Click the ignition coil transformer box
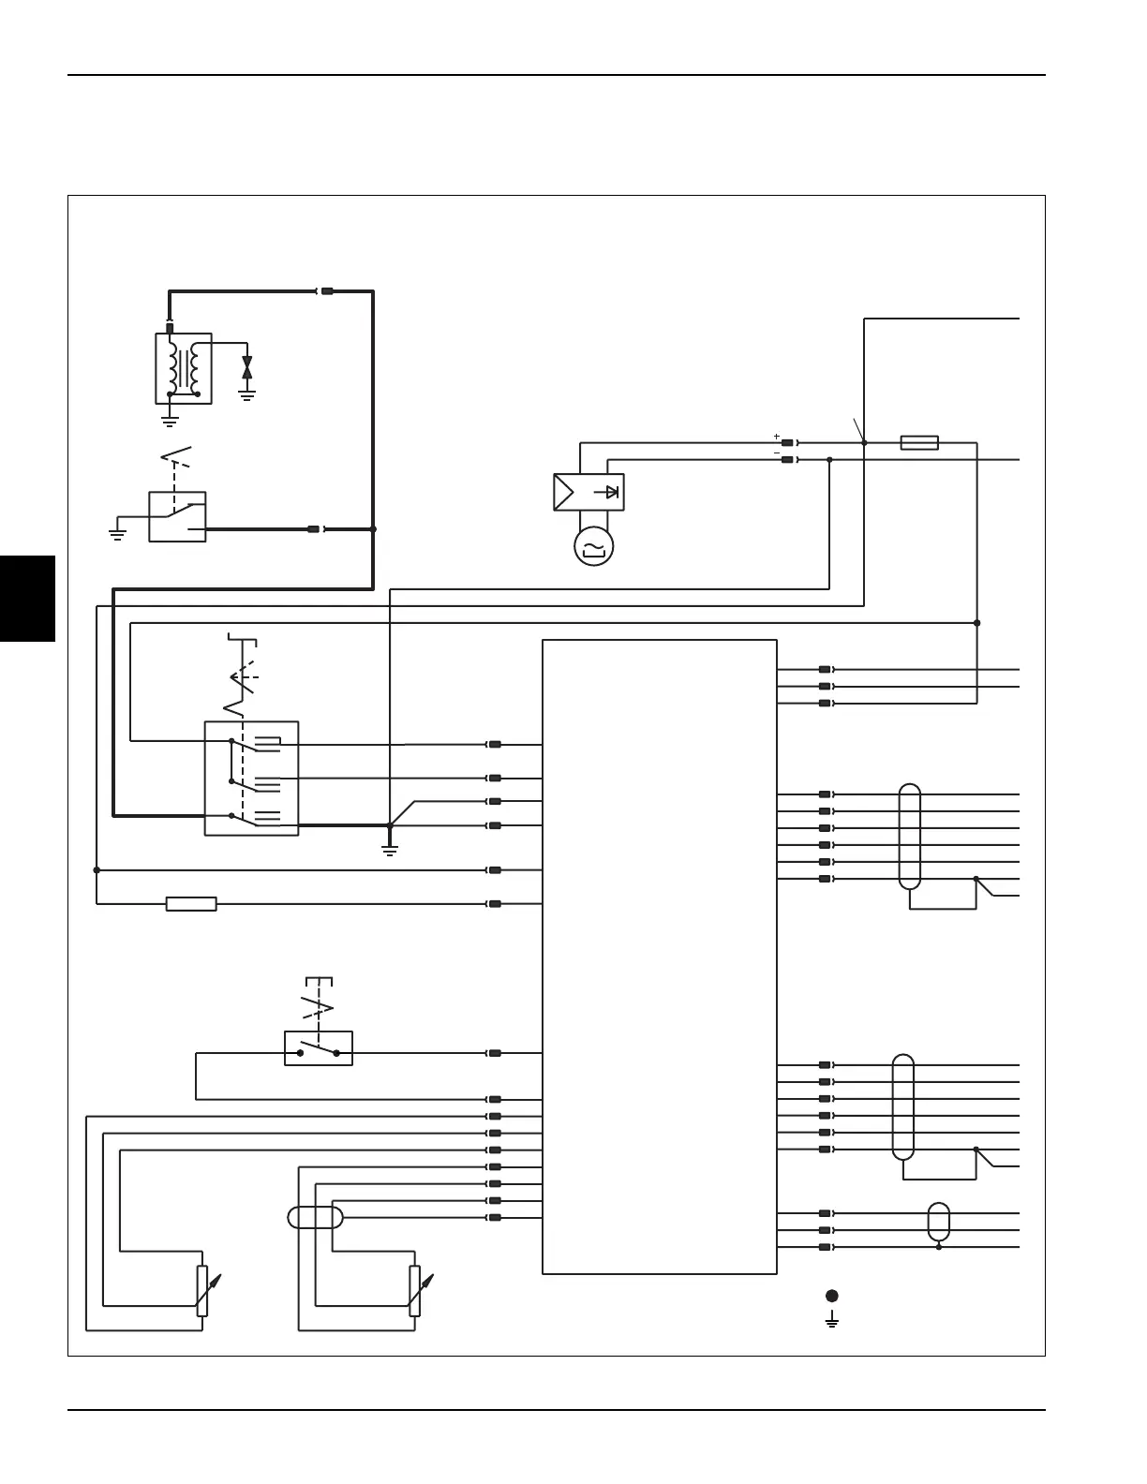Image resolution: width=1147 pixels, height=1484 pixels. click(x=184, y=368)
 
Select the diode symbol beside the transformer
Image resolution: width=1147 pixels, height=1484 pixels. click(x=247, y=367)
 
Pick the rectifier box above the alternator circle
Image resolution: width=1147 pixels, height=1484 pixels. click(x=588, y=492)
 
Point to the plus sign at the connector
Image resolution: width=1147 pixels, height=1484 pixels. click(x=776, y=437)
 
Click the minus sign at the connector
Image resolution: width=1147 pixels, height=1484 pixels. click(x=776, y=453)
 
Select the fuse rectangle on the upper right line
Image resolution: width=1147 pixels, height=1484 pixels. click(x=919, y=442)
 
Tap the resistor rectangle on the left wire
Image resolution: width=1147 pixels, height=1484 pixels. click(x=191, y=904)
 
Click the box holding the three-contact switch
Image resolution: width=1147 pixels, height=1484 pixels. click(x=251, y=778)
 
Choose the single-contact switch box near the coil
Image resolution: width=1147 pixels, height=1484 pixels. click(x=177, y=516)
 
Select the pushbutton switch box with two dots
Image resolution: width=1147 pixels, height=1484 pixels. click(x=319, y=1048)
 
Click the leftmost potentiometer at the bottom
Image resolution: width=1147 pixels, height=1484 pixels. click(x=202, y=1291)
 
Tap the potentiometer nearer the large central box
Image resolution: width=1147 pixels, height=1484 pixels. click(x=414, y=1291)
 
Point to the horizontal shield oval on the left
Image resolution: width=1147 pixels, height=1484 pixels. click(x=315, y=1217)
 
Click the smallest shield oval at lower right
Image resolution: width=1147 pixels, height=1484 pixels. click(x=938, y=1221)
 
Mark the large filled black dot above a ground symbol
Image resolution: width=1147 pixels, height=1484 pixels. click(x=831, y=1296)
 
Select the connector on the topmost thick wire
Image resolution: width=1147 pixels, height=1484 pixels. click(x=327, y=291)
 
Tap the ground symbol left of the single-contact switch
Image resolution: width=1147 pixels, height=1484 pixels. click(x=117, y=535)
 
